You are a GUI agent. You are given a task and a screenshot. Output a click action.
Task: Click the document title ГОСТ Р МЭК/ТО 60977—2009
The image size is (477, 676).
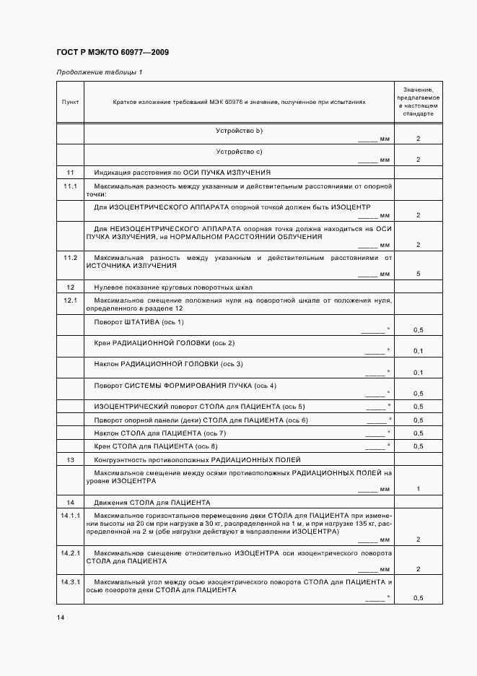[x=112, y=53]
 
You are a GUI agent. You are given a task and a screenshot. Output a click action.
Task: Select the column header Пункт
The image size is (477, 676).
[x=70, y=102]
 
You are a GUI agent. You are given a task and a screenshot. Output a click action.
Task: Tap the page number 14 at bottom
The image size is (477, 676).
[x=60, y=617]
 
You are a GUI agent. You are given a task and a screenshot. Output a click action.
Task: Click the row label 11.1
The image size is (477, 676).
[x=70, y=186]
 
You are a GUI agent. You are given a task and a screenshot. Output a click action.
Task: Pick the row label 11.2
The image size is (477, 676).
[x=70, y=258]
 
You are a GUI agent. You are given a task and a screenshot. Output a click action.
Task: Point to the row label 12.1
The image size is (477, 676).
[x=70, y=299]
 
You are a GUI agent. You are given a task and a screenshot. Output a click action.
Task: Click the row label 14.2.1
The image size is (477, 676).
[x=71, y=552]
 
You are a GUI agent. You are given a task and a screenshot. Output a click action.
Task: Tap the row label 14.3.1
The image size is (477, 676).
[x=71, y=581]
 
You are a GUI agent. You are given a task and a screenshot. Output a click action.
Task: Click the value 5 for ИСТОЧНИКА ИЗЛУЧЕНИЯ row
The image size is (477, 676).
[x=418, y=274]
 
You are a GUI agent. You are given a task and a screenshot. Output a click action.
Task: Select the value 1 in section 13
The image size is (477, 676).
[x=418, y=489]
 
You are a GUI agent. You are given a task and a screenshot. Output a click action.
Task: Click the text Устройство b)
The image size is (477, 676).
[x=239, y=130]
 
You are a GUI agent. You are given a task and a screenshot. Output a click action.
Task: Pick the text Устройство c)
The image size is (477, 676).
[x=239, y=151]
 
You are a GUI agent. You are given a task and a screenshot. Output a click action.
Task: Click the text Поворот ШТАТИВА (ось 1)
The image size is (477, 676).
[x=139, y=321]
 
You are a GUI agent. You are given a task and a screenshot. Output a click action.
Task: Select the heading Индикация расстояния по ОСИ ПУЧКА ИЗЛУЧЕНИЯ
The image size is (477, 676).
[x=183, y=173]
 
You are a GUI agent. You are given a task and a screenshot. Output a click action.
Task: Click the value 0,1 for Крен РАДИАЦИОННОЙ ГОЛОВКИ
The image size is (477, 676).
[x=418, y=351]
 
